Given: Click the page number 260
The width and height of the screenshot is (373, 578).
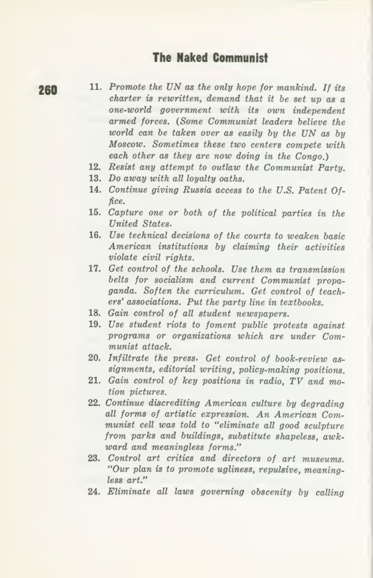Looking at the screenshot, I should (x=48, y=90).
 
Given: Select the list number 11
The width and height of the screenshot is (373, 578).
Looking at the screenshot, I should (x=96, y=88).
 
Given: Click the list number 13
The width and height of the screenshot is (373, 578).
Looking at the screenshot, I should (x=95, y=178).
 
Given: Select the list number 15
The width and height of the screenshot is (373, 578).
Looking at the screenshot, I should (x=95, y=212).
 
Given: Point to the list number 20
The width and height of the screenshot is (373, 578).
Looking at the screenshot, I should (x=95, y=358).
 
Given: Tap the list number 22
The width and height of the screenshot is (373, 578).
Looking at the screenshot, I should (x=95, y=402).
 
